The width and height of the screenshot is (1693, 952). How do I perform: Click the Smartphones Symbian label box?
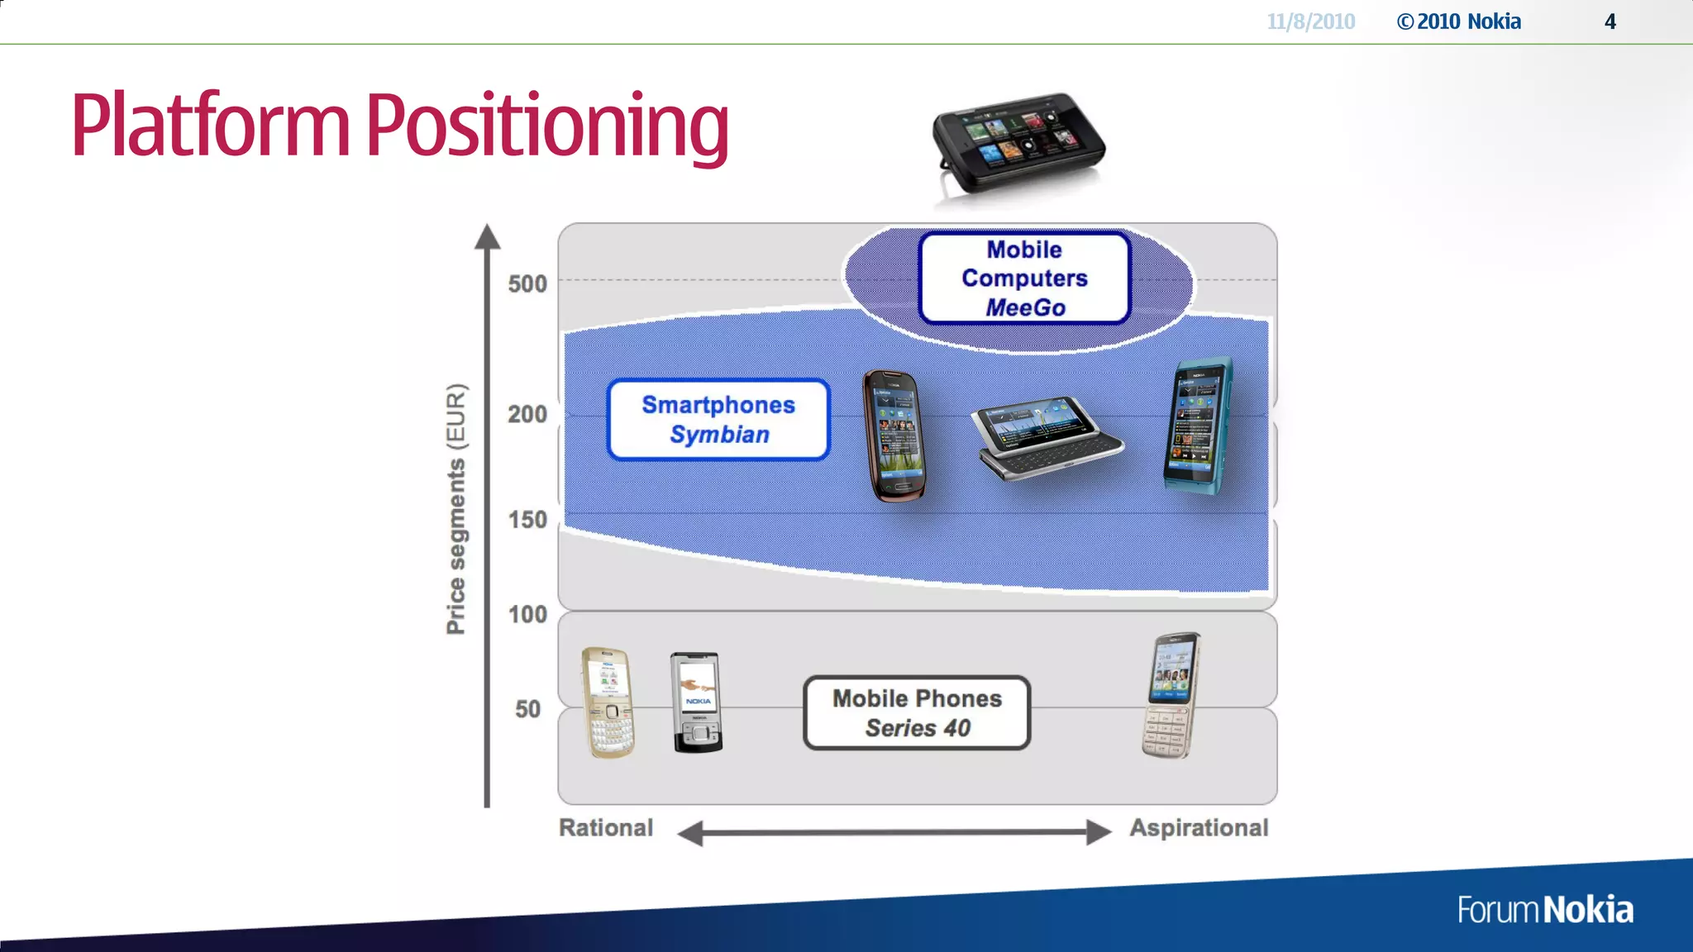click(x=718, y=419)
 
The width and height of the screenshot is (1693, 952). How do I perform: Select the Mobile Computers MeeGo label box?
click(x=1024, y=278)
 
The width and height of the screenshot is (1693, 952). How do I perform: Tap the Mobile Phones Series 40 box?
click(x=917, y=713)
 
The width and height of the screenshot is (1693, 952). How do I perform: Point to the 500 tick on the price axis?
click(x=527, y=283)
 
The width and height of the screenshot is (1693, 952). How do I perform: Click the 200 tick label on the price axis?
click(x=527, y=414)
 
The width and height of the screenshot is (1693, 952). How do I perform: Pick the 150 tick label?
click(x=527, y=520)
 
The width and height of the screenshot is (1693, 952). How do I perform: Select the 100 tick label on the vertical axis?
click(x=527, y=614)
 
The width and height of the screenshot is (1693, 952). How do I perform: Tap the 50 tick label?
click(x=527, y=709)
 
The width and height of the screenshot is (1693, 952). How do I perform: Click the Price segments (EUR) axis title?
click(x=456, y=509)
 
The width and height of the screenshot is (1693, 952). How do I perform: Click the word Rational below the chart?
click(x=606, y=828)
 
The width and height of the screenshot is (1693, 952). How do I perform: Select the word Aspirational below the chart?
click(x=1199, y=828)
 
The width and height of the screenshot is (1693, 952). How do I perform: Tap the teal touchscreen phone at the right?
click(x=1198, y=426)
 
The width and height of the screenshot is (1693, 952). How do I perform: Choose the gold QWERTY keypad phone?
click(x=609, y=702)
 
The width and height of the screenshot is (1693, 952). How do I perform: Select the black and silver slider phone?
click(x=697, y=702)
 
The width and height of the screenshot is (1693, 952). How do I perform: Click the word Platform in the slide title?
click(x=211, y=126)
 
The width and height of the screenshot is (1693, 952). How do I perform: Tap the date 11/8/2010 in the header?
click(x=1311, y=21)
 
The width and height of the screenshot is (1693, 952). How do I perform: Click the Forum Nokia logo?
click(x=1544, y=910)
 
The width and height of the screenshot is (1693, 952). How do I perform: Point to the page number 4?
click(x=1610, y=21)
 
